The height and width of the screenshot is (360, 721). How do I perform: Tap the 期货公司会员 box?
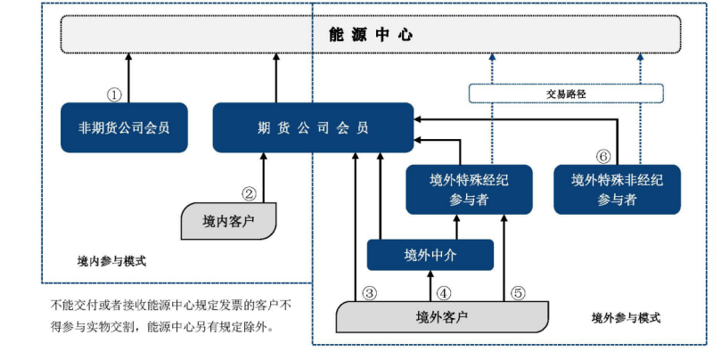tap(312, 127)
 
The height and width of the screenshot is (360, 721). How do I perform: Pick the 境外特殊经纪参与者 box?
tap(469, 189)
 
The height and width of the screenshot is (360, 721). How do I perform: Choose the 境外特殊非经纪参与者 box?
tap(617, 189)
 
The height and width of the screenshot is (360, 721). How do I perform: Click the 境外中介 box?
tap(430, 255)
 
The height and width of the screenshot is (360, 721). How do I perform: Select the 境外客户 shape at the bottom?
tap(442, 316)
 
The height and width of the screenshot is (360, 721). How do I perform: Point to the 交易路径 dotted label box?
tap(566, 93)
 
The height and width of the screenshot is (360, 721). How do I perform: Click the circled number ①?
tap(114, 94)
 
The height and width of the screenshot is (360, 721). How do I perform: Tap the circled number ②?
tap(250, 192)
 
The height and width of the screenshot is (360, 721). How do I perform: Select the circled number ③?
tap(370, 291)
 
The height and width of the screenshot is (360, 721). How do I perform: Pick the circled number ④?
tap(444, 291)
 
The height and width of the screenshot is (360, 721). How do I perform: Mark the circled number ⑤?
tap(519, 291)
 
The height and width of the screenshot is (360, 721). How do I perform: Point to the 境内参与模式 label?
tap(111, 262)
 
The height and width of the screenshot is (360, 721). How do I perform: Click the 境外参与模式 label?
tap(627, 318)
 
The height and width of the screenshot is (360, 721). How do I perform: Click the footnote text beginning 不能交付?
tap(169, 315)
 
